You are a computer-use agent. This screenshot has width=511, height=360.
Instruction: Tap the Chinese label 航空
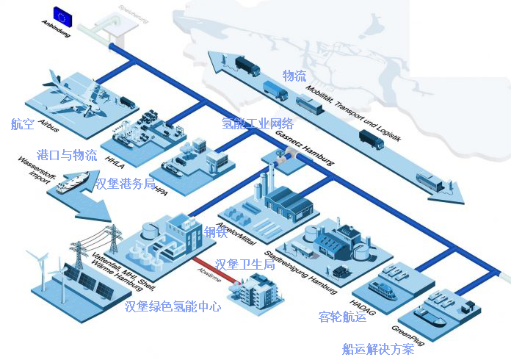[x=23, y=124]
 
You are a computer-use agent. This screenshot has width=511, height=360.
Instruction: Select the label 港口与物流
[x=67, y=155]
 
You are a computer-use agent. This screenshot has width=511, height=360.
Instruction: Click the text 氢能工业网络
[x=258, y=123]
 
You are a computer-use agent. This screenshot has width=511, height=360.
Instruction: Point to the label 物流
[x=294, y=76]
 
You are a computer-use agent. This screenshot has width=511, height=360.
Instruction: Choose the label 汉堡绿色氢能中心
[x=173, y=306]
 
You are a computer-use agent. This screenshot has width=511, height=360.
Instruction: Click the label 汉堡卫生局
[x=245, y=264]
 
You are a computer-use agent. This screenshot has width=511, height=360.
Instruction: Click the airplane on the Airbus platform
[x=74, y=92]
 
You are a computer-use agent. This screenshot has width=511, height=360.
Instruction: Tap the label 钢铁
[x=216, y=233]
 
